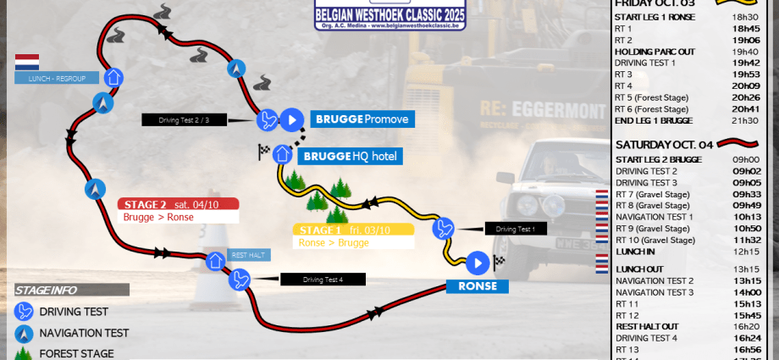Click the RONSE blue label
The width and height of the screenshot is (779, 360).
tap(478, 286)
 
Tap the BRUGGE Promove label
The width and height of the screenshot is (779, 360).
tap(362, 119)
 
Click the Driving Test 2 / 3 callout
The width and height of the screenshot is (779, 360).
tap(183, 120)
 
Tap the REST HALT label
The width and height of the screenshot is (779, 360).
tap(249, 255)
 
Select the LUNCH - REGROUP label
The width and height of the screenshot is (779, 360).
tap(56, 78)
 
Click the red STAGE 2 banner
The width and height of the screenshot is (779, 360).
tap(178, 203)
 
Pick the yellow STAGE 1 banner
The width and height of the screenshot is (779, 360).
tap(353, 230)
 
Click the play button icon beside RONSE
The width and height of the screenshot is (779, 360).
tap(478, 263)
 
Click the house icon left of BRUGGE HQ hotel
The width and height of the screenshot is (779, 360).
tap(282, 154)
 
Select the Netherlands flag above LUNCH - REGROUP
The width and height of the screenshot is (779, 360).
tap(27, 63)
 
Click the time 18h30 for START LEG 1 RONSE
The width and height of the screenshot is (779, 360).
tap(745, 17)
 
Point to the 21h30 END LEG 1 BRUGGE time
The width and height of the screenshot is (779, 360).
tap(745, 120)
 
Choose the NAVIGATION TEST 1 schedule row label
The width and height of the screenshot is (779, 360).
tap(655, 217)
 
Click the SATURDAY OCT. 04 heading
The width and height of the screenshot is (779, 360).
tap(664, 144)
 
